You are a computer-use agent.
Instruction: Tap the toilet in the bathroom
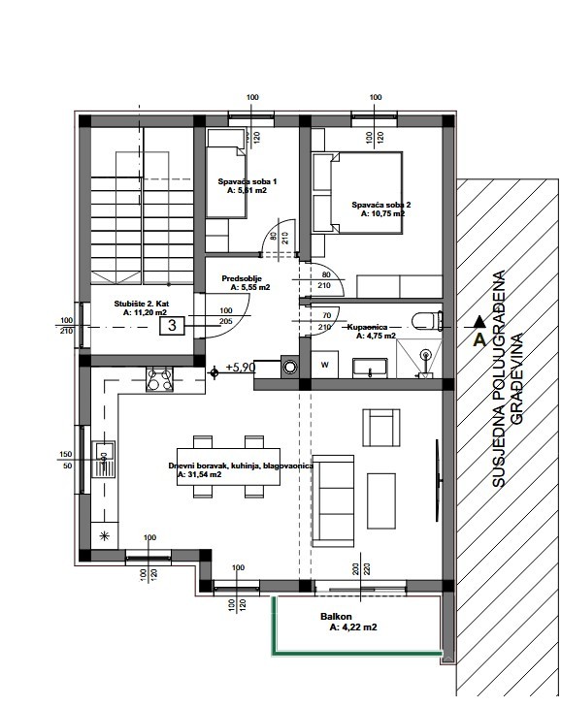[x=423, y=321]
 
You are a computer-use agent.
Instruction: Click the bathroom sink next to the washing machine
[x=370, y=366]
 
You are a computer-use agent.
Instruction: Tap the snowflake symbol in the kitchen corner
[x=104, y=535]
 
